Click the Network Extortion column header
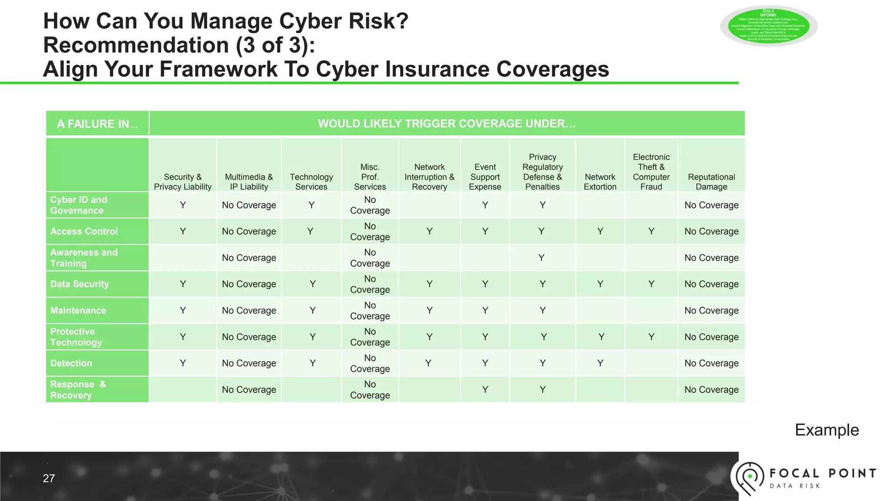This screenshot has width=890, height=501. [x=600, y=182]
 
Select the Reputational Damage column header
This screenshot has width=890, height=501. [x=711, y=182]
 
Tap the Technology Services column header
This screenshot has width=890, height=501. [x=311, y=182]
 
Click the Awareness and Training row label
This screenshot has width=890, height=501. [x=84, y=258]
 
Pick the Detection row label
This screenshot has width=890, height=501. [x=71, y=363]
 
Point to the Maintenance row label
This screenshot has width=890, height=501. [x=78, y=311]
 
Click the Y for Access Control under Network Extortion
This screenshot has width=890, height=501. [x=600, y=231]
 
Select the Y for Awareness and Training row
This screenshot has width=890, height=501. [x=541, y=258]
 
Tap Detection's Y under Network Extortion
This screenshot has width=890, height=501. [x=600, y=363]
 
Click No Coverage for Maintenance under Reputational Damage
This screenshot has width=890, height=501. [x=711, y=311]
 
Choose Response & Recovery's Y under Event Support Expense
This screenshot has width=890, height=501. [x=485, y=390]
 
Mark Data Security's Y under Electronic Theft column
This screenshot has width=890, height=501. [x=651, y=284]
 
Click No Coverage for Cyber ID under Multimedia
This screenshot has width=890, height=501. [x=249, y=205]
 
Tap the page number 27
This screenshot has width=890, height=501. [x=49, y=478]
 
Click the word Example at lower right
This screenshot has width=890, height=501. [x=827, y=430]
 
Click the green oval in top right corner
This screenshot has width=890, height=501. [x=768, y=26]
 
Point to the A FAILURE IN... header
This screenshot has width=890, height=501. [x=97, y=124]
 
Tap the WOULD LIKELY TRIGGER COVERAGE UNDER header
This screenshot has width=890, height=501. [x=447, y=124]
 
